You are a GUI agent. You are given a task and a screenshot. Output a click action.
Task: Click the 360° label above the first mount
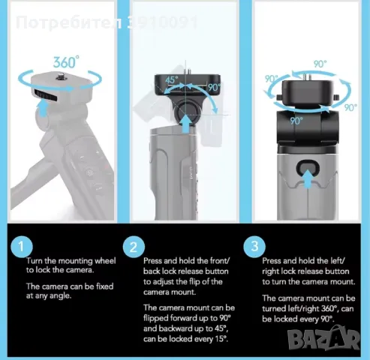click(x=66, y=62)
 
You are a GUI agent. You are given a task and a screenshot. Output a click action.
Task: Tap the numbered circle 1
click(x=22, y=247)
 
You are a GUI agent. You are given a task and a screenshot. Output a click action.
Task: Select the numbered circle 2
click(x=134, y=247)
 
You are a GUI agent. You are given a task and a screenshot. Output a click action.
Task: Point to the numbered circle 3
click(x=254, y=246)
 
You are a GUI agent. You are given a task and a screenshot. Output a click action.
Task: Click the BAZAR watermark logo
click(x=323, y=338)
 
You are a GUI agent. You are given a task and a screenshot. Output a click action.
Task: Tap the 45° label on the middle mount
click(x=172, y=80)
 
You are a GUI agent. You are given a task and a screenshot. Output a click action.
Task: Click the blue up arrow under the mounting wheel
click(x=44, y=107)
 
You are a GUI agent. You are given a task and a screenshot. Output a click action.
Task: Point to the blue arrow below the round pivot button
click(x=185, y=123)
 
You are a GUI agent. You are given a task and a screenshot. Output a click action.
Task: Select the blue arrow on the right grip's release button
click(x=307, y=178)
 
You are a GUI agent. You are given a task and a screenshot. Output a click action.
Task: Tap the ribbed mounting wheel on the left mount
click(x=46, y=95)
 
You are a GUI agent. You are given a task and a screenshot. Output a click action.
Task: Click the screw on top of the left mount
click(x=61, y=75)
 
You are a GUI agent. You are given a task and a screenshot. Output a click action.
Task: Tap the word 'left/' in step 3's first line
click(x=338, y=261)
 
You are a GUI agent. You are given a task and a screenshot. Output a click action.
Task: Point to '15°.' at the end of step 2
click(x=221, y=339)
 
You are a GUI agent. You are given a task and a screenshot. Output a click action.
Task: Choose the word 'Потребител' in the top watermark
click(x=70, y=23)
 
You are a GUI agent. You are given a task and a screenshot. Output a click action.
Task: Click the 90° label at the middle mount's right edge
click(x=215, y=88)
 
